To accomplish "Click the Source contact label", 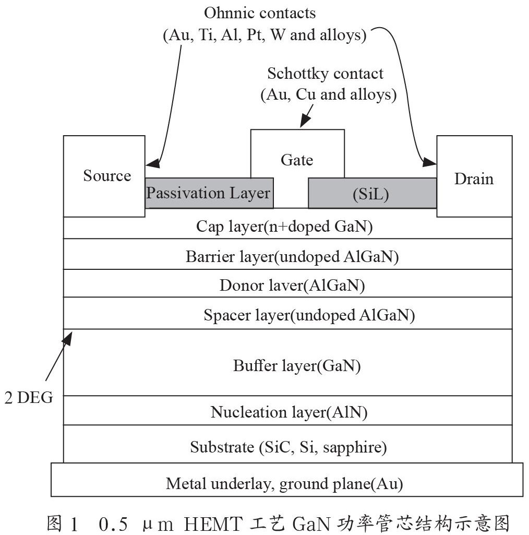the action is (107, 176).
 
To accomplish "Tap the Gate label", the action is (297, 160).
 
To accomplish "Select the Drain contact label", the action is (474, 179).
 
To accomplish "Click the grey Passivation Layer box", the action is (209, 193).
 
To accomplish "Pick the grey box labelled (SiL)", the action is (372, 193).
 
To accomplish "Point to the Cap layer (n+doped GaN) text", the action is (284, 227).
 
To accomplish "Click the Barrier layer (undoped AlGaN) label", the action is (292, 257).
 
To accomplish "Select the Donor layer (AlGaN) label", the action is (292, 286).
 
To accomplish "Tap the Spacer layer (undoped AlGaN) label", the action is (309, 315).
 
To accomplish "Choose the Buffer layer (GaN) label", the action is (297, 366).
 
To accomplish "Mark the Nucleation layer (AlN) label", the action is (289, 412).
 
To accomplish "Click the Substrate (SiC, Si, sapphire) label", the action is (288, 447).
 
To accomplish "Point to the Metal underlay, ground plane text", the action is (284, 484).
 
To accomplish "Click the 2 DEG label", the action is (29, 398).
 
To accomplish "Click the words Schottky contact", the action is (325, 74).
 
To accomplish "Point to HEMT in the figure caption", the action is (213, 524).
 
